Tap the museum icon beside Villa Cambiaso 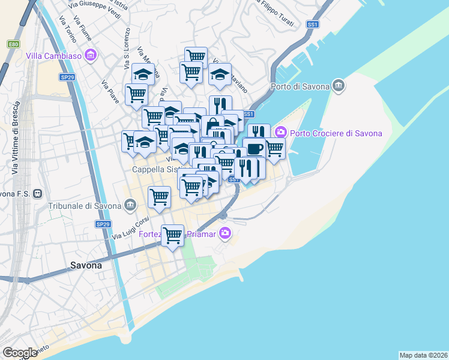(x=91, y=56)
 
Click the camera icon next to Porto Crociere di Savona (x=280, y=132)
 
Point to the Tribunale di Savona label (x=86, y=206)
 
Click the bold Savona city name (x=86, y=265)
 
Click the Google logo (x=20, y=353)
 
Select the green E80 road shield (x=13, y=44)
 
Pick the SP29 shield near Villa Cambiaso (x=67, y=60)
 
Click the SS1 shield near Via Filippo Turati (x=312, y=25)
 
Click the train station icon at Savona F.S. (x=38, y=194)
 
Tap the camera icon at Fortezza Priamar (x=224, y=233)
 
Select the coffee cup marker (x=254, y=148)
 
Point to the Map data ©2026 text (x=424, y=355)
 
